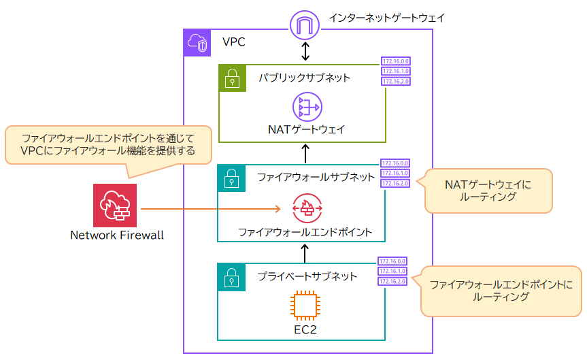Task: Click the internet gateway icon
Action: click(305, 26)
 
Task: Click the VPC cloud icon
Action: click(197, 42)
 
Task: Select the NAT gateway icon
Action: click(306, 108)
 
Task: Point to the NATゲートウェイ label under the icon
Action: click(306, 129)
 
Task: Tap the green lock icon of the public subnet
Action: click(232, 78)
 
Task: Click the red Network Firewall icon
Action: click(115, 205)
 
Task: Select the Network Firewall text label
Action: click(117, 235)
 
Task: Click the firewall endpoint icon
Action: click(306, 208)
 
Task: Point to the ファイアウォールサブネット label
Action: click(316, 178)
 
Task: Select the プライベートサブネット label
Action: click(307, 276)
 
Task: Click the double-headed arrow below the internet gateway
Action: click(305, 51)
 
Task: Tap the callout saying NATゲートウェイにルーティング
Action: click(488, 191)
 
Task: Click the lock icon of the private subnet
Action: click(231, 276)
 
